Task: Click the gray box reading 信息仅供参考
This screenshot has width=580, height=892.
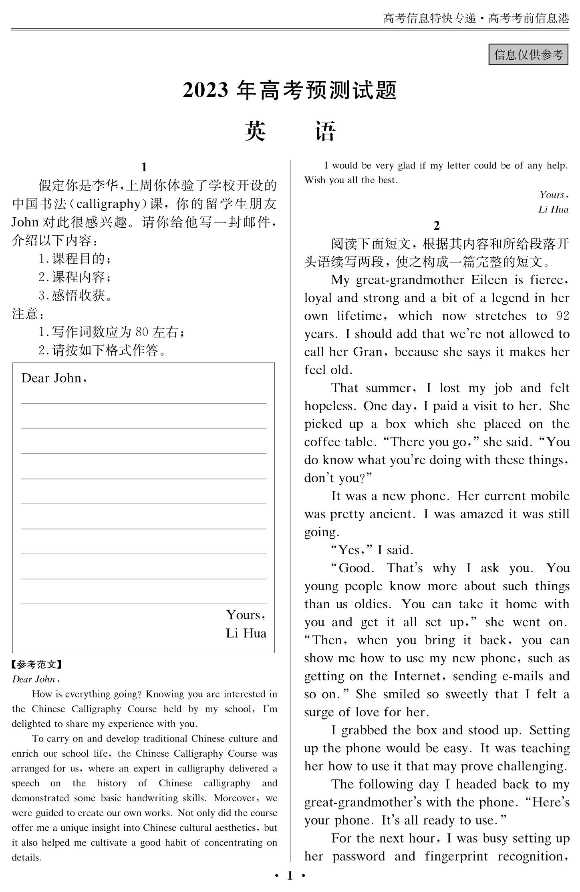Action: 528,54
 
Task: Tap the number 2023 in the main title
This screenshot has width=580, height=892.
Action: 205,90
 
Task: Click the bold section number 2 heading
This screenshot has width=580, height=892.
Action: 437,226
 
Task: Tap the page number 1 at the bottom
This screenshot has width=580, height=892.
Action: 290,876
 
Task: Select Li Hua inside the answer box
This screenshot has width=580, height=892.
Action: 246,633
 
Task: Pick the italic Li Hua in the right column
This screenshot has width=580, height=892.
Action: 553,209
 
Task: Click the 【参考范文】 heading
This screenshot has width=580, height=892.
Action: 37,665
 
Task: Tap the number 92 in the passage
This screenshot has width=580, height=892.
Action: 563,316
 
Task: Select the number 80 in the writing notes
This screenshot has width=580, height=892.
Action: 142,332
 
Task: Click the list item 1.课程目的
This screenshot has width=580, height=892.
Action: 75,259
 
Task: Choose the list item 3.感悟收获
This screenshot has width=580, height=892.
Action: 75,296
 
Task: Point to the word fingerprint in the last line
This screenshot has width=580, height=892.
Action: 456,856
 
